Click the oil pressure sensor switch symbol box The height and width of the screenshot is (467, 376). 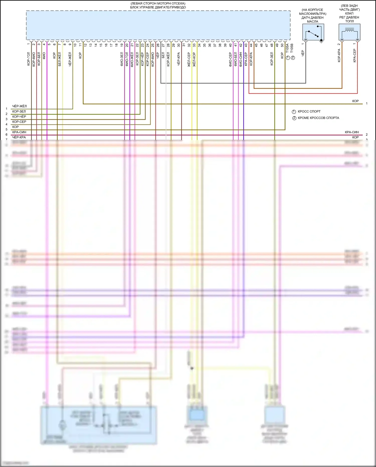point(313,32)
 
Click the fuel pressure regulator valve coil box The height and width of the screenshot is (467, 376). point(349,32)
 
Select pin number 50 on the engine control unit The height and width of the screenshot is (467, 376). point(282,45)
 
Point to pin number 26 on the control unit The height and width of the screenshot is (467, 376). point(158,45)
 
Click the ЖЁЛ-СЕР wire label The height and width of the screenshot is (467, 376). point(189,59)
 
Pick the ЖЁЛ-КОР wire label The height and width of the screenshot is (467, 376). point(194,59)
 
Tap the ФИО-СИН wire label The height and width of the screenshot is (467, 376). point(241,59)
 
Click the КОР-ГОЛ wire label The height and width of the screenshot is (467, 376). point(29,59)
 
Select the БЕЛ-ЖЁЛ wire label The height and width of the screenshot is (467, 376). point(60,59)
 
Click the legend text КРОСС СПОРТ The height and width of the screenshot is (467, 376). point(309,111)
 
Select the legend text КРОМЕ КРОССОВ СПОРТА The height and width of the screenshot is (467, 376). point(318,118)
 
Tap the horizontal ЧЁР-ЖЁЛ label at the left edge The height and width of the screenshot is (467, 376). point(19,106)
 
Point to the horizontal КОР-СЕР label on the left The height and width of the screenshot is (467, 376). point(19,122)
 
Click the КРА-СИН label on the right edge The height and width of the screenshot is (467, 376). point(352,132)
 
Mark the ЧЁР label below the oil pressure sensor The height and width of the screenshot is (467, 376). point(303,53)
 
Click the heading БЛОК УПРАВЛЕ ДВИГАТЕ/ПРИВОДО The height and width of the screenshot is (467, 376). point(158,7)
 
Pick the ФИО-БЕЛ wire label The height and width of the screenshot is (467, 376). point(235,59)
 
